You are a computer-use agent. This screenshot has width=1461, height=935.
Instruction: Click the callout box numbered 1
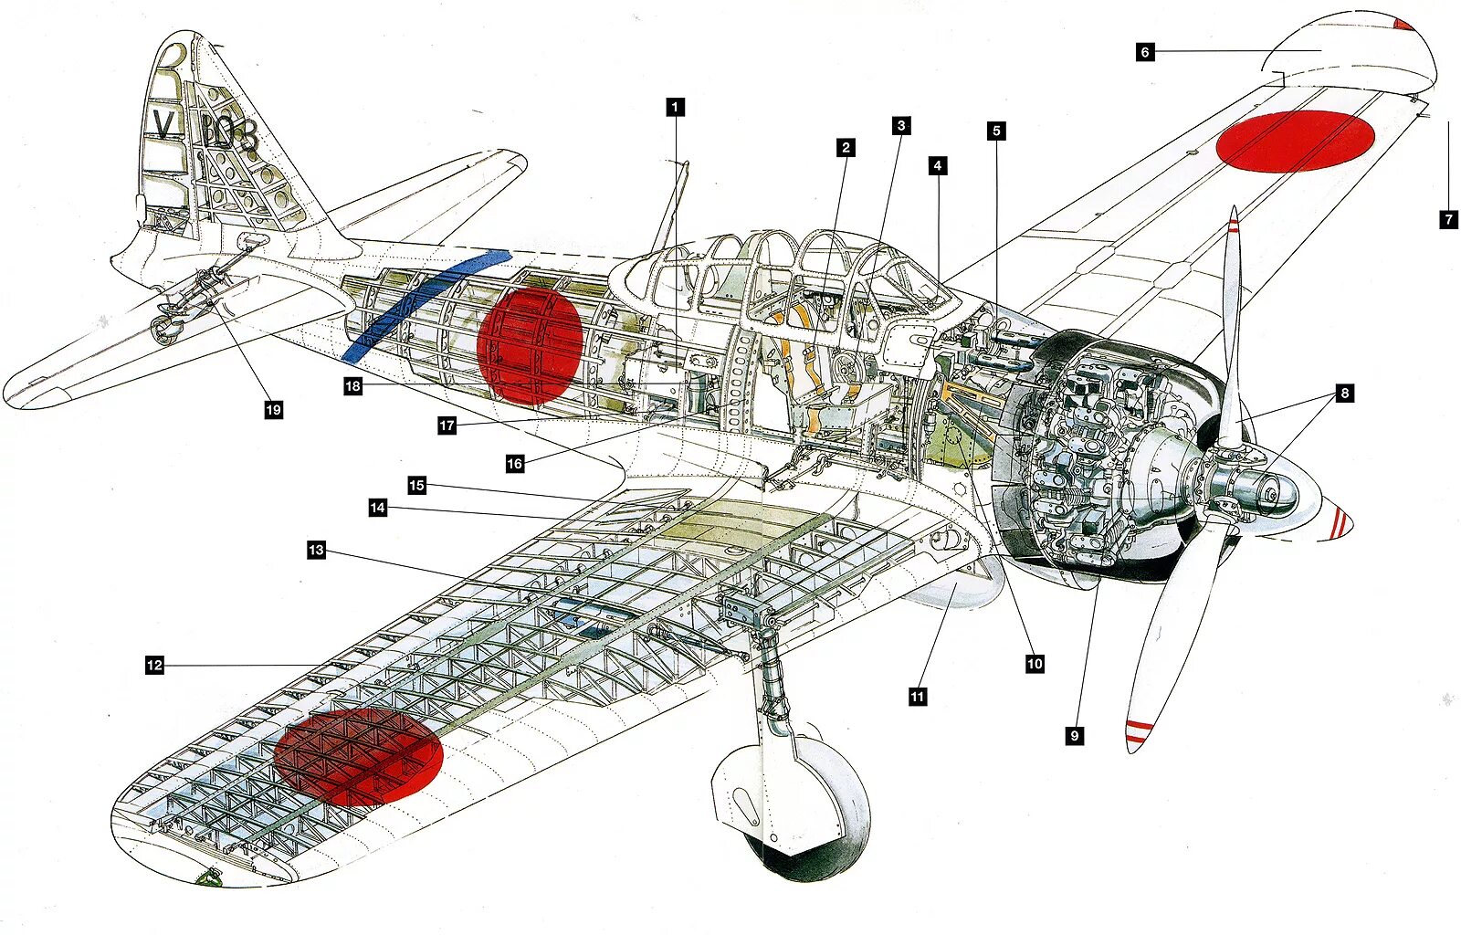675,108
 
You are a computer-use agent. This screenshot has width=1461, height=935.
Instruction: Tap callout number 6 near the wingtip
1145,52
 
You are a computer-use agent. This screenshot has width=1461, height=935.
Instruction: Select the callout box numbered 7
1448,219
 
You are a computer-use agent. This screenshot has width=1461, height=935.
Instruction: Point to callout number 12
154,665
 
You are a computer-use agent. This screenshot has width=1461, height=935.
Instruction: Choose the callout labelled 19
273,410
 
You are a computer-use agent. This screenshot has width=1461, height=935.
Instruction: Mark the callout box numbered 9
1075,735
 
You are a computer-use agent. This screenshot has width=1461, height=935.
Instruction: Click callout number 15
416,485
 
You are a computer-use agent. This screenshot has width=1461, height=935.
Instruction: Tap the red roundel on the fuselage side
530,346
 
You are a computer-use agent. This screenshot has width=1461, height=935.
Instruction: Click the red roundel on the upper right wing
1296,141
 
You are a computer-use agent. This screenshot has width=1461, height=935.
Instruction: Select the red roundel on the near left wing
358,756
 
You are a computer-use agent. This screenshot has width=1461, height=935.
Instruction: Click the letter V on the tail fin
163,125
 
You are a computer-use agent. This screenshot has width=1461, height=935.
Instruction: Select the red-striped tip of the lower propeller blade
1138,730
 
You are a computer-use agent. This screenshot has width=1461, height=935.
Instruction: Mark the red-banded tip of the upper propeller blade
1234,224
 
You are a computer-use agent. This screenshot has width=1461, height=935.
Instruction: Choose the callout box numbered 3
901,126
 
